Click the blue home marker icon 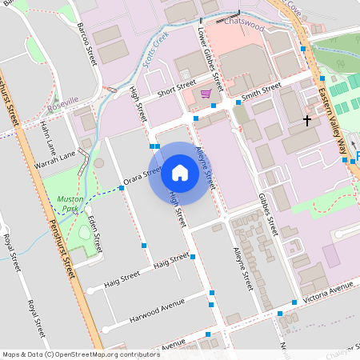pos(180,172)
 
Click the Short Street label pos(176,89)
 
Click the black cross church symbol pos(306,120)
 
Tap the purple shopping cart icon pos(206,93)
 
